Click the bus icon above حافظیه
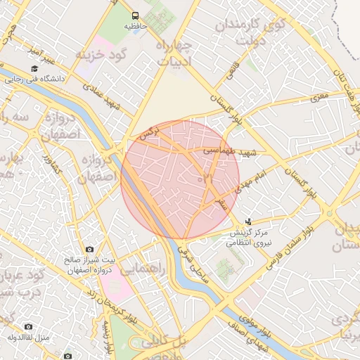(134, 15)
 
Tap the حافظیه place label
(135, 26)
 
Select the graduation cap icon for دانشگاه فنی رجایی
(34, 68)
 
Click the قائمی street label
(231, 70)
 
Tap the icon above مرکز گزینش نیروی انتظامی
(248, 221)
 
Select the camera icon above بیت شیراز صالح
(89, 250)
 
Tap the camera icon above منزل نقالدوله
(28, 326)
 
